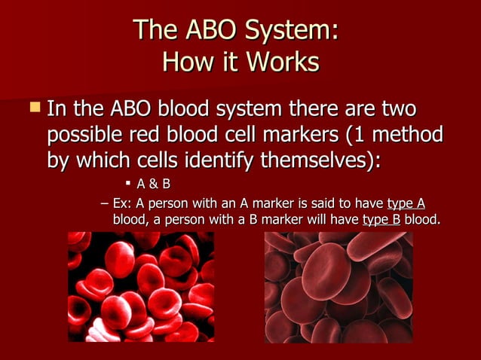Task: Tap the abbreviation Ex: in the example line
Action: (121, 204)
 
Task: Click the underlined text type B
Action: (381, 220)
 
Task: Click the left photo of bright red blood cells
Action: (140, 286)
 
